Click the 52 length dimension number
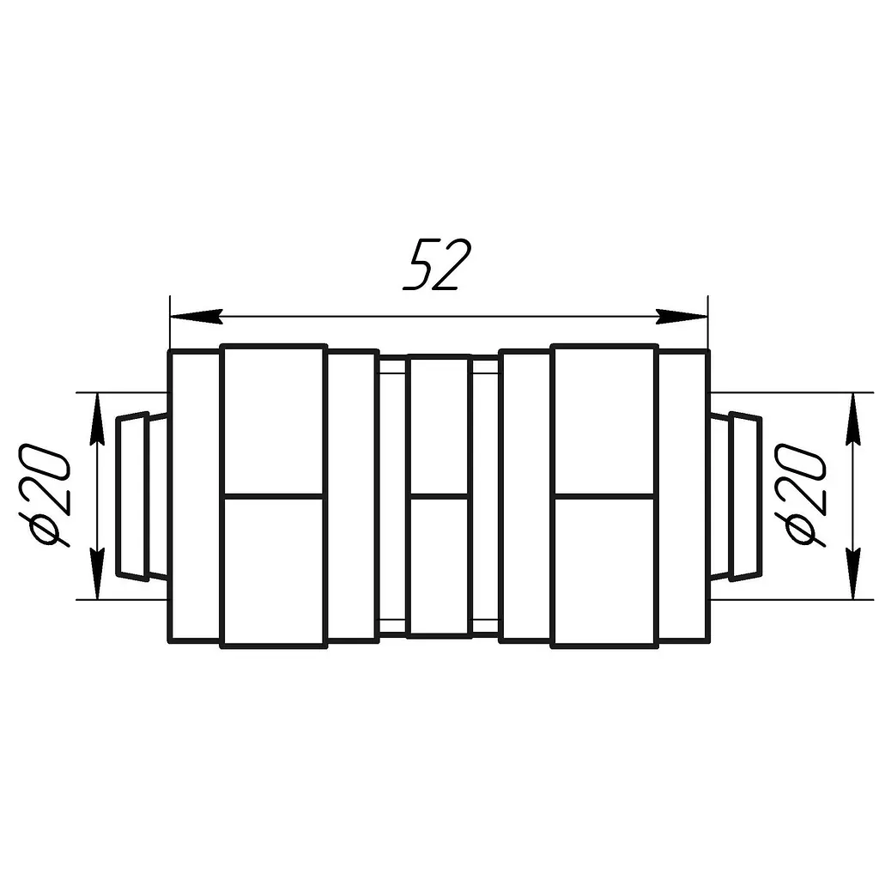438,264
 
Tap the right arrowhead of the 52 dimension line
681,317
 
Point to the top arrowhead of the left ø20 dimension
98,419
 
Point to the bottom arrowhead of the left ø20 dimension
98,573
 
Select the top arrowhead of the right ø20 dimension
853,419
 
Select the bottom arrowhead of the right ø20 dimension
853,573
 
